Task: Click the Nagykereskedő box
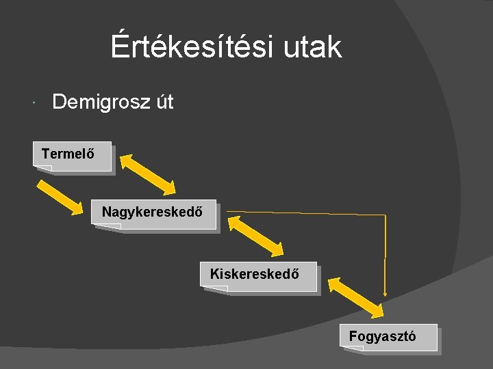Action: [153, 213]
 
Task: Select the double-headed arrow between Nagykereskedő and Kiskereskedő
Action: [255, 236]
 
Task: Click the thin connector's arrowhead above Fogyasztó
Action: [385, 292]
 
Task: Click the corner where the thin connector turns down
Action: [385, 215]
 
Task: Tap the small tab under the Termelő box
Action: [44, 168]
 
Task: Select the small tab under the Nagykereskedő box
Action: [108, 226]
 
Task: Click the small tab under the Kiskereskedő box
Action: [216, 288]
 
